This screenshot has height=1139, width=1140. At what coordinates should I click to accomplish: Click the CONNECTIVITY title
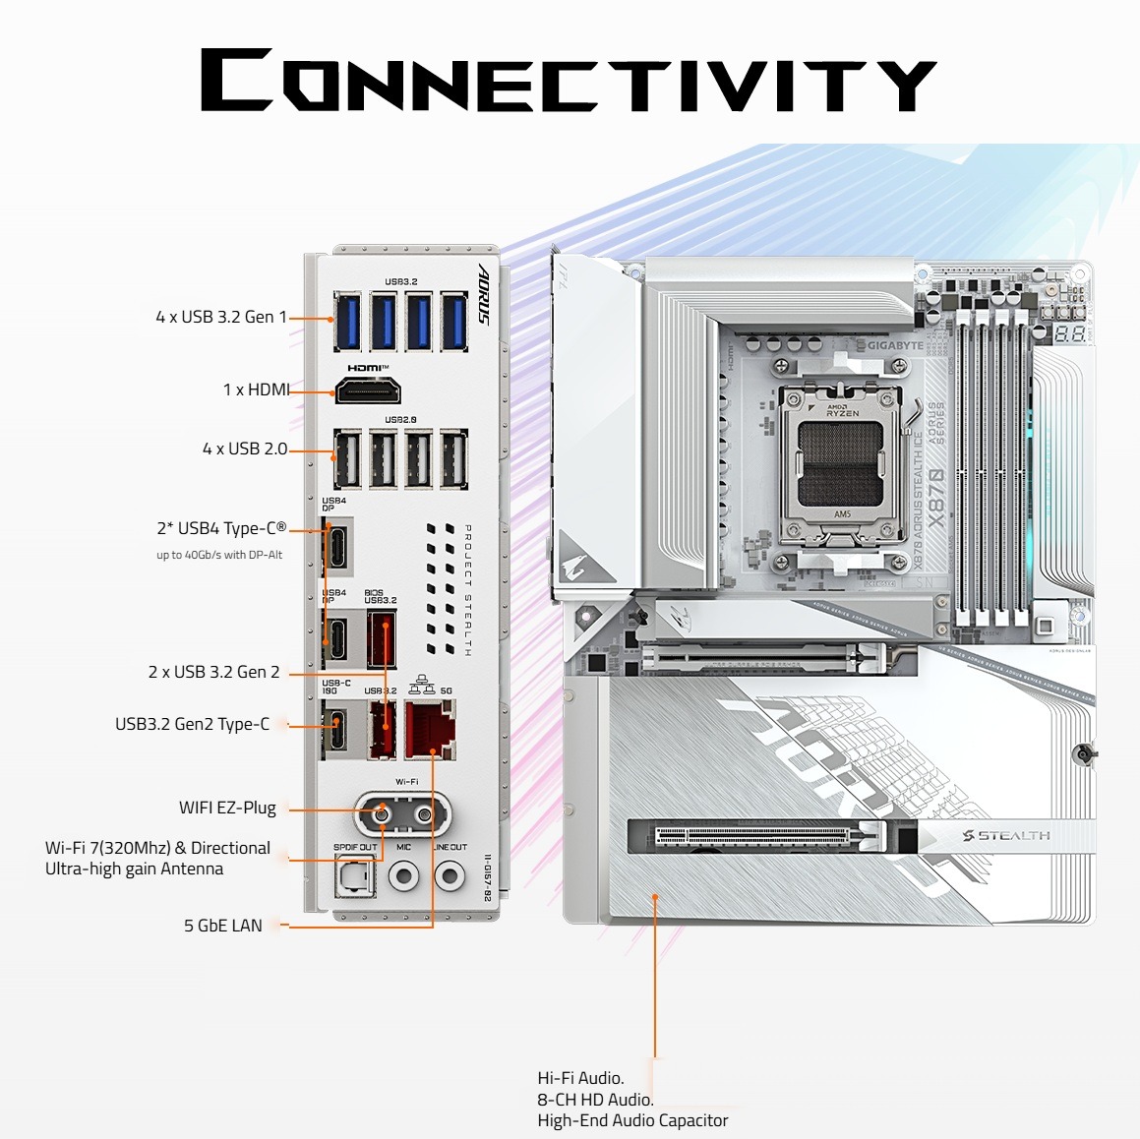click(x=569, y=81)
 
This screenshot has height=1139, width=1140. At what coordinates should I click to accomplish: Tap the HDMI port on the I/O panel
click(x=368, y=390)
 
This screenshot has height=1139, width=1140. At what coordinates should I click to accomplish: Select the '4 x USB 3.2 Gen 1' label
click(x=221, y=317)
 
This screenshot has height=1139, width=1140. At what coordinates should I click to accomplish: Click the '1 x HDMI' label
click(x=256, y=390)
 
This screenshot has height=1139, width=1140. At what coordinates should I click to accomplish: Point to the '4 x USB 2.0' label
click(x=245, y=449)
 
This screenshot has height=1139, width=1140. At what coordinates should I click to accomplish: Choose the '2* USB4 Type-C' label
click(x=221, y=528)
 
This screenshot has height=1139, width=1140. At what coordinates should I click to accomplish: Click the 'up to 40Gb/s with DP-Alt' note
click(x=219, y=555)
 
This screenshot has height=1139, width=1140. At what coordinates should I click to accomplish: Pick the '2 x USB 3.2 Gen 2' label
click(x=213, y=672)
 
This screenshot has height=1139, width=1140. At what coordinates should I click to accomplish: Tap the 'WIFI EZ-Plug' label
click(x=227, y=808)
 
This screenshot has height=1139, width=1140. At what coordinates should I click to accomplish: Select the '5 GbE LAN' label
click(x=223, y=926)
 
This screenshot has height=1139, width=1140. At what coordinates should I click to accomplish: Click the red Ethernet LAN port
click(x=430, y=732)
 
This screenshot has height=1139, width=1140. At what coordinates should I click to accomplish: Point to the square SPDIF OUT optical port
click(x=354, y=875)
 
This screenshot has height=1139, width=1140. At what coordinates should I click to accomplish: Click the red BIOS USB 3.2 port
click(x=382, y=638)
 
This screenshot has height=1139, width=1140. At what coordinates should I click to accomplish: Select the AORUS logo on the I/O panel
click(x=484, y=294)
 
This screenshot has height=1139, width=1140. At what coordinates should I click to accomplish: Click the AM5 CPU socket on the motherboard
click(x=842, y=463)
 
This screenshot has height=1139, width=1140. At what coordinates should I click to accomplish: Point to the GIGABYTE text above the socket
click(x=895, y=346)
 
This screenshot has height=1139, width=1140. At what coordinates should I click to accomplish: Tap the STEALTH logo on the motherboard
click(x=1006, y=836)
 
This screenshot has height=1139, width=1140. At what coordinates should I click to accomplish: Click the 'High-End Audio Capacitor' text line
click(x=632, y=1120)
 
